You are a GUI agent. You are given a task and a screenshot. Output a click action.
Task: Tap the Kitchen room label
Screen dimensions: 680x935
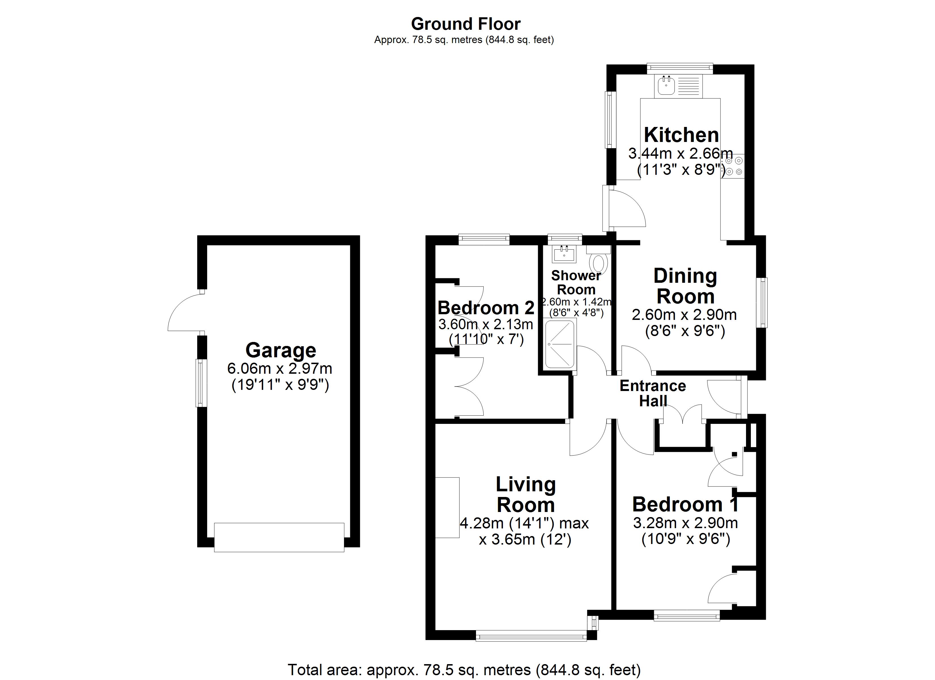[681, 135]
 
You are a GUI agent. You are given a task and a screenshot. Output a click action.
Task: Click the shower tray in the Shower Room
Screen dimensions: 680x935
[560, 344]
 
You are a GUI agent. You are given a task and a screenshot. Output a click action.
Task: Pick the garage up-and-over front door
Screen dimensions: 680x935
[279, 537]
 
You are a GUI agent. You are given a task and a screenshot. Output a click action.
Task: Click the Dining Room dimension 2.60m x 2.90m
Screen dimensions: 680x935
[684, 315]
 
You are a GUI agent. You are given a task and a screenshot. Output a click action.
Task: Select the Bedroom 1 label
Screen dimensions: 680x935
[685, 504]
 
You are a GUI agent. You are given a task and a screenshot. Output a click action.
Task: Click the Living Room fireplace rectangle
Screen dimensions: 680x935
[447, 507]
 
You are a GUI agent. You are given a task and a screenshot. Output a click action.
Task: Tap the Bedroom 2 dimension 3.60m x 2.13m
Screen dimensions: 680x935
[485, 324]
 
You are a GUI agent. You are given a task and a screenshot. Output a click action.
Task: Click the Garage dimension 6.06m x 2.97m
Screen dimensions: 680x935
[280, 368]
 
